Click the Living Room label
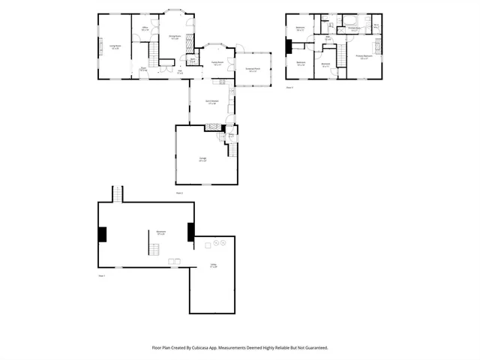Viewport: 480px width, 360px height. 115,46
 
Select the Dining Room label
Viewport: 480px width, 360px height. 174,37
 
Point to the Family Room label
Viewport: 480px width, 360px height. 217,64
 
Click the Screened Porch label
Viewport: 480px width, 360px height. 253,70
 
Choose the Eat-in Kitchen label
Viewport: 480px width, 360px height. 212,102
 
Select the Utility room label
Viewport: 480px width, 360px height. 213,266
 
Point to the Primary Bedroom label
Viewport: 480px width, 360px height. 364,57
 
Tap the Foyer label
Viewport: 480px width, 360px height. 143,69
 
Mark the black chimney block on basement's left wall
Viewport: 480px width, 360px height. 103,234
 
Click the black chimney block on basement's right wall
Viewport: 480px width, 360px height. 190,232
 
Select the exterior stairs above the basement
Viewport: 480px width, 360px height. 117,193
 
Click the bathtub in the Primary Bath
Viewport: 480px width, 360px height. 351,21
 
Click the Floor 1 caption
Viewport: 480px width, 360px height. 102,276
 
